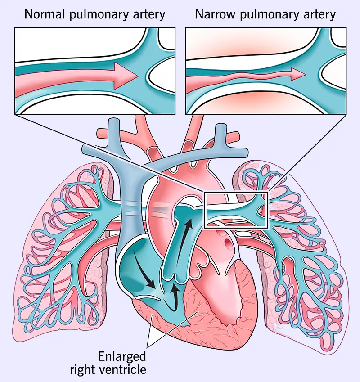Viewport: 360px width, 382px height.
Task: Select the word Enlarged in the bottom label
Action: click(x=122, y=357)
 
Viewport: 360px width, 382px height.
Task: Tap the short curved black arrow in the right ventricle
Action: click(x=173, y=297)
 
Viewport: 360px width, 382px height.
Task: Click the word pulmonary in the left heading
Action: click(x=96, y=14)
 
